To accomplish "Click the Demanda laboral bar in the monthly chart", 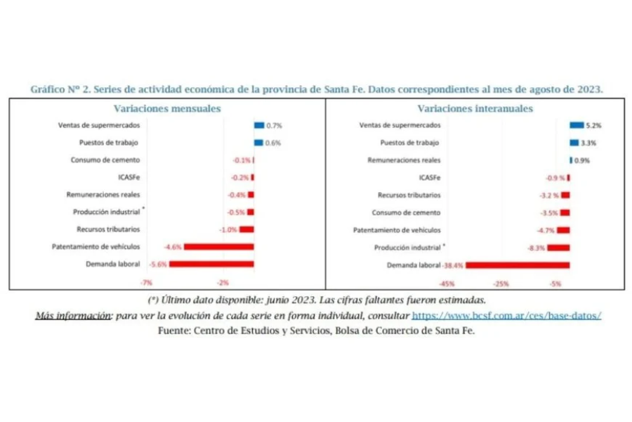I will click(x=211, y=264).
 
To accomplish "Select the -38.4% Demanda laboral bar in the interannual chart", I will click(x=518, y=265).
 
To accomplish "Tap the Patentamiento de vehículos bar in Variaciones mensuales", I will click(x=218, y=247).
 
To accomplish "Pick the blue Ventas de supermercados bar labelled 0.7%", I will click(x=259, y=125).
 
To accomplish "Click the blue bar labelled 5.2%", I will click(x=577, y=125).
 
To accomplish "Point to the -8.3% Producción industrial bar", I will click(x=559, y=248).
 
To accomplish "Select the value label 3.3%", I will click(x=590, y=143).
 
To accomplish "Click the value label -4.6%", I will click(x=173, y=247).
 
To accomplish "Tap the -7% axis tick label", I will click(x=147, y=283).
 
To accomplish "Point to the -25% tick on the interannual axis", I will click(x=501, y=283).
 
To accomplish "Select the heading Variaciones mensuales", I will click(x=167, y=108).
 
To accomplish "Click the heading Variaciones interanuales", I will click(x=475, y=108).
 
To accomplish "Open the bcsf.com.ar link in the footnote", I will click(x=506, y=316).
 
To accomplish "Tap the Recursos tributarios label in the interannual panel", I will click(x=409, y=195).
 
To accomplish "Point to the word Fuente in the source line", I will click(x=174, y=331).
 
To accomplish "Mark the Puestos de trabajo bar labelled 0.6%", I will click(x=258, y=143).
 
